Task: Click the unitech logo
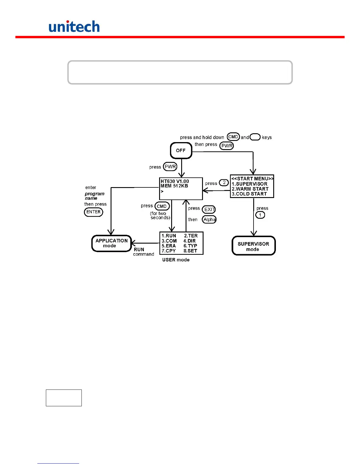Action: tap(74, 26)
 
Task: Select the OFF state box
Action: tap(181, 151)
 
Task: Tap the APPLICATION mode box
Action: tap(111, 243)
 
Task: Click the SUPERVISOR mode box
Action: tap(254, 246)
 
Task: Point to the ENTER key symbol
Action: tap(94, 212)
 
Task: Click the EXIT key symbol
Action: tap(209, 209)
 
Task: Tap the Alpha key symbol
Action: tap(209, 219)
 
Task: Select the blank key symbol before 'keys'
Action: tap(255, 137)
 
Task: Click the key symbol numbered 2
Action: tap(224, 183)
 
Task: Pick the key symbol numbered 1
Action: tap(260, 215)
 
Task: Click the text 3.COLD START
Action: tap(249, 194)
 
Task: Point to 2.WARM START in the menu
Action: tap(250, 189)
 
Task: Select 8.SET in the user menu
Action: tap(190, 251)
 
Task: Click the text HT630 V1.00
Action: tap(175, 181)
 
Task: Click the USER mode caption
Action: tap(176, 260)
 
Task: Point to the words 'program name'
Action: tap(94, 196)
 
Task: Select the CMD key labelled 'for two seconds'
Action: tap(162, 206)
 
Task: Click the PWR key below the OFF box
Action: tap(170, 167)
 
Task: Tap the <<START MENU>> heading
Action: tap(252, 179)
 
